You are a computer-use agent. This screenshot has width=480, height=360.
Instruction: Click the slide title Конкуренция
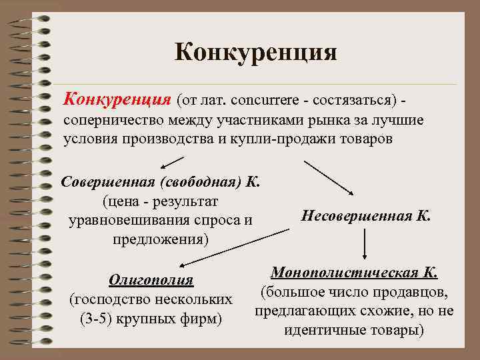pyautogui.click(x=256, y=51)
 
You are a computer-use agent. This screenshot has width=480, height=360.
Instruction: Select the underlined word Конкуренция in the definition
pyautogui.click(x=117, y=99)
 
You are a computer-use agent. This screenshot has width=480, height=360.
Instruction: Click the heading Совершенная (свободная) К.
pyautogui.click(x=161, y=181)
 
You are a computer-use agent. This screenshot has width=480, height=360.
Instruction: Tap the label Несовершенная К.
pyautogui.click(x=366, y=216)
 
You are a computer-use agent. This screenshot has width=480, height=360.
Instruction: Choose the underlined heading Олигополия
pyautogui.click(x=151, y=280)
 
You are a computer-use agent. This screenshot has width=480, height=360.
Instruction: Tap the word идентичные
pyautogui.click(x=317, y=330)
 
